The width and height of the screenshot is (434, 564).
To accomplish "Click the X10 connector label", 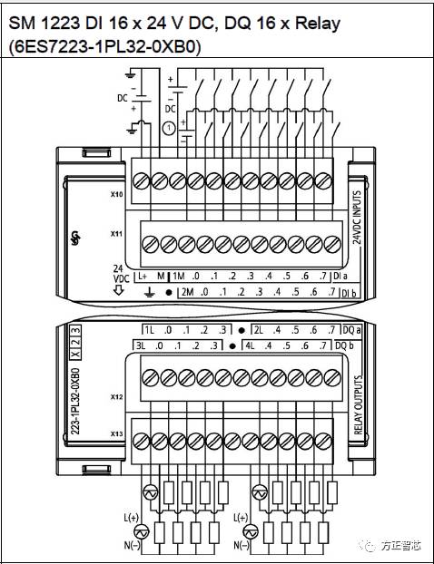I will click(116, 194).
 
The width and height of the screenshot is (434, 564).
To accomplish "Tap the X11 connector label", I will click(116, 234).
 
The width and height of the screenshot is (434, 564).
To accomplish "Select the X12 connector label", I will click(116, 397).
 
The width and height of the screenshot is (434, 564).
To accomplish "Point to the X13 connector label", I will click(116, 435).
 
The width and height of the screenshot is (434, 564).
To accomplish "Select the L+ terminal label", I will click(142, 276).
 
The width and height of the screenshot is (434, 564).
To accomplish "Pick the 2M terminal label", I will click(188, 293).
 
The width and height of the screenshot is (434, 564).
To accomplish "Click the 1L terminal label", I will click(151, 329).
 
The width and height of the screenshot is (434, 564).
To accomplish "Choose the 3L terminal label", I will click(141, 345).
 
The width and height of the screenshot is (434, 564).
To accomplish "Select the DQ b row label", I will click(344, 345).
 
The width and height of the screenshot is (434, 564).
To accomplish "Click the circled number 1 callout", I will click(167, 128).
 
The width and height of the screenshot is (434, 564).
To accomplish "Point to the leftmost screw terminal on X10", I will click(141, 179).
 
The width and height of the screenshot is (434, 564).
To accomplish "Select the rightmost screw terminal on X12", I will click(324, 377).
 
